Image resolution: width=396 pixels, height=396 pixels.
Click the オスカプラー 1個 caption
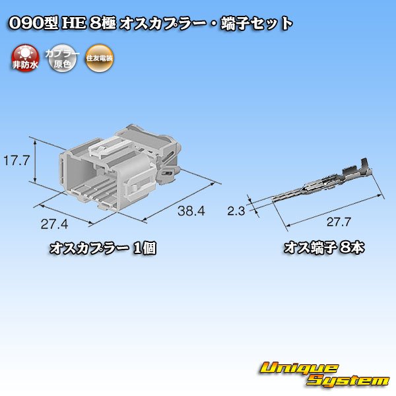[x=103, y=249]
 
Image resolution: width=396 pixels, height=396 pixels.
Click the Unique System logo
[x=323, y=374]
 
